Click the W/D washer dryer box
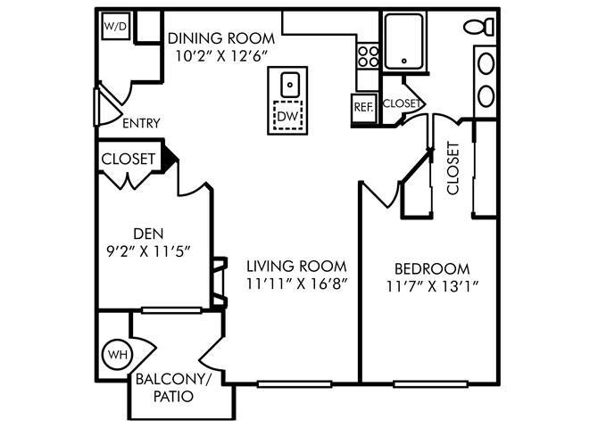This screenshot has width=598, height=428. click(x=116, y=28)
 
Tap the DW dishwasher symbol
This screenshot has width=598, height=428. click(x=288, y=117)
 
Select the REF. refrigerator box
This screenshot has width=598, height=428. click(x=363, y=104)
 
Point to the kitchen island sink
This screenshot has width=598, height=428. click(x=288, y=86)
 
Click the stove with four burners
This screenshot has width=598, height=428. click(x=367, y=56)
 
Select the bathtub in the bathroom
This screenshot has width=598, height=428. click(x=407, y=42)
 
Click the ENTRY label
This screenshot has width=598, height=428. click(x=140, y=123)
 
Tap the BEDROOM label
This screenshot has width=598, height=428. click(x=431, y=268)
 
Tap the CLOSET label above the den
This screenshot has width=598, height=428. click(x=129, y=159)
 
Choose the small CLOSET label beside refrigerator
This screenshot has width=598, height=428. click(x=401, y=103)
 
